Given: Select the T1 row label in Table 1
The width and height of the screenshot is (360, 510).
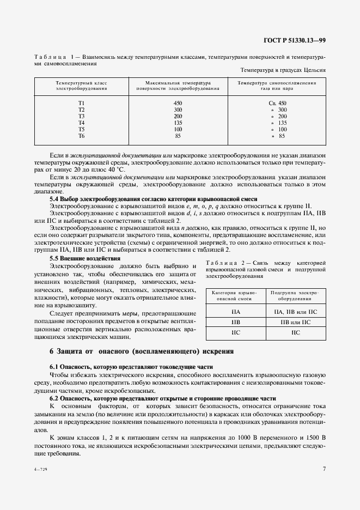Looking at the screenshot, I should [x=81, y=103].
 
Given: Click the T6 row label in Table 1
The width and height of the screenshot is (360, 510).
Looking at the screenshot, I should [x=81, y=136].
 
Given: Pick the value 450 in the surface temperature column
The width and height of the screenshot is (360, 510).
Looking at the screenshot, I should [x=178, y=103].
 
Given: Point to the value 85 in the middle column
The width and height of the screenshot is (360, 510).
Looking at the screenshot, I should [x=178, y=136].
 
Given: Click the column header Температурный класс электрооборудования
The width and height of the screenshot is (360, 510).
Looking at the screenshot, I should [x=81, y=86].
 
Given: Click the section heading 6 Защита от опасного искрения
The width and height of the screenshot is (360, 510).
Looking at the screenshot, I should [x=142, y=351].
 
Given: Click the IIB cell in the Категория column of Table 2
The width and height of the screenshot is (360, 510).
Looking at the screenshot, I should [x=236, y=322].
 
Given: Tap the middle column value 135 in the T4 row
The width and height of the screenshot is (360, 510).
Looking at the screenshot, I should [x=178, y=123].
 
